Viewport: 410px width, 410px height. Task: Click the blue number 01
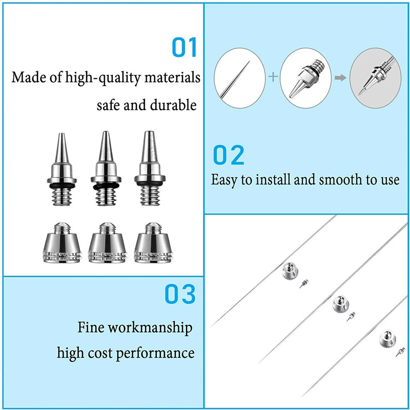[184, 47]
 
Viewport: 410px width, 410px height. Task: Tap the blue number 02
[229, 155]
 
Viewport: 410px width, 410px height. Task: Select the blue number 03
[180, 294]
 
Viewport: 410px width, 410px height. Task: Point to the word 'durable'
[173, 105]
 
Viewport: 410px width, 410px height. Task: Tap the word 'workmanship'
[150, 327]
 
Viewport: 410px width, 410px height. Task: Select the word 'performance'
[155, 353]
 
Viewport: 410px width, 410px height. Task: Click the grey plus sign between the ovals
[273, 77]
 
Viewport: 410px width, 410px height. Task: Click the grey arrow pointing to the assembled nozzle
[340, 78]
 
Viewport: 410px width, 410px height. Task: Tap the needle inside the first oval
[235, 79]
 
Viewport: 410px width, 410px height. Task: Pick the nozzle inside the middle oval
[307, 78]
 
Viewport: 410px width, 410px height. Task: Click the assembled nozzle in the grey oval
[377, 76]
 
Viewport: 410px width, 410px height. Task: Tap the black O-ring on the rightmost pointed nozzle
[150, 183]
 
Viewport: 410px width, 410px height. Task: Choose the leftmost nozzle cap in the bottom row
[62, 242]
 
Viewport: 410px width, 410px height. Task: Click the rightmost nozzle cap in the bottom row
[153, 242]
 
